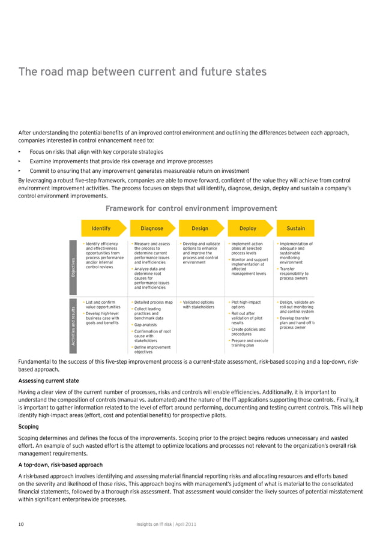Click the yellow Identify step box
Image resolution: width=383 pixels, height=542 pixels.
[x=101, y=229]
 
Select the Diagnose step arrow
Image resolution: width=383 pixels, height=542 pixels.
[x=151, y=229]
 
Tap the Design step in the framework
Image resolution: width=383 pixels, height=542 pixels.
[x=200, y=229]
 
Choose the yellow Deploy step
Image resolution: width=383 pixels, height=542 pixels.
[x=248, y=229]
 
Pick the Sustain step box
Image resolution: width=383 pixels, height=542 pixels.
[x=295, y=229]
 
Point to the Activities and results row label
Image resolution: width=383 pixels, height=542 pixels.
[x=74, y=325]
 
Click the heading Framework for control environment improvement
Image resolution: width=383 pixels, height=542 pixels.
[x=191, y=209]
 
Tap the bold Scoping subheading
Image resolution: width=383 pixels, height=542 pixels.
[x=29, y=427]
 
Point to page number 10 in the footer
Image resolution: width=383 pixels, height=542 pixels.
[x=21, y=524]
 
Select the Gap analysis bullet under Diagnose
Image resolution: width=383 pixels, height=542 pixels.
[x=145, y=325]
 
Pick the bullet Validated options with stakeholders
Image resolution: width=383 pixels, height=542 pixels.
[x=198, y=304]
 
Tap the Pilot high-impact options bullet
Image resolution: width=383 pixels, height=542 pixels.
[x=246, y=304]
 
